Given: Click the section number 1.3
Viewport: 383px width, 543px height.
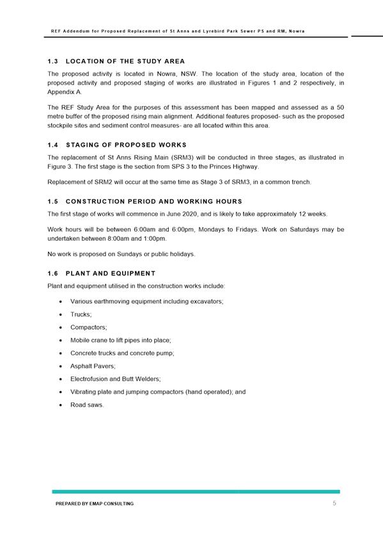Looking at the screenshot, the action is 53,61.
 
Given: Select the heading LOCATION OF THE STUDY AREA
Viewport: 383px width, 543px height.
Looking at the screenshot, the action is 125,61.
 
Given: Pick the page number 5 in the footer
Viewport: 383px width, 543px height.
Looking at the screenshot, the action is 334,504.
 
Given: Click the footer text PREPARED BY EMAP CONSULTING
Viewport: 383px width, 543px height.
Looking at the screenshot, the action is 95,505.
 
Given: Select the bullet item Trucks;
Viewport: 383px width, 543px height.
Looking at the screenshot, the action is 81,314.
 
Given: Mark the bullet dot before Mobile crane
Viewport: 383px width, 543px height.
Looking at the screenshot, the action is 59,340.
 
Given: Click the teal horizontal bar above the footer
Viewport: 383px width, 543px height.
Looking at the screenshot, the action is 196,492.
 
